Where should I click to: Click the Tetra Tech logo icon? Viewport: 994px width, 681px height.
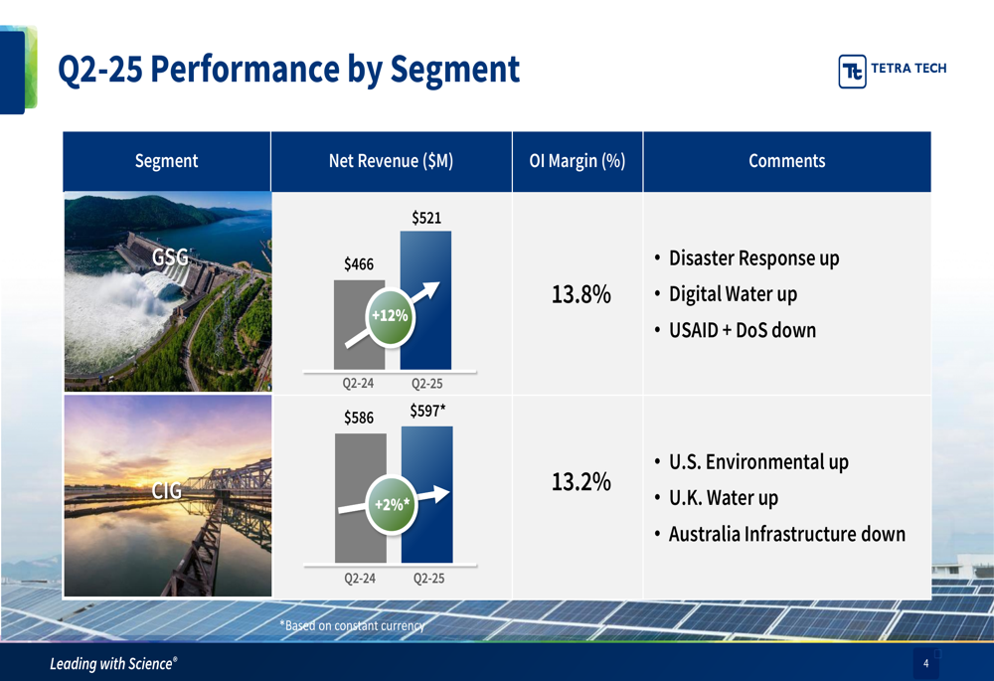(x=852, y=71)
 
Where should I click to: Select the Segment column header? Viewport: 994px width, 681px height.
(x=166, y=161)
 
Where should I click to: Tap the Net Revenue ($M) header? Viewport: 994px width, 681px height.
(x=391, y=161)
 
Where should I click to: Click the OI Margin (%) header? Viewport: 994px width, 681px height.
(x=578, y=161)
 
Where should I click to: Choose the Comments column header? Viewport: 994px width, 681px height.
(x=786, y=161)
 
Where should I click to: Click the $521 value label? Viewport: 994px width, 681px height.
(x=426, y=218)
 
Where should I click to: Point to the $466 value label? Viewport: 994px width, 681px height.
(x=359, y=263)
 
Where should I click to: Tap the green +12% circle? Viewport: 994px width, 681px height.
(x=390, y=316)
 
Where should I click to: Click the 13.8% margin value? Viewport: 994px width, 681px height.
(x=580, y=294)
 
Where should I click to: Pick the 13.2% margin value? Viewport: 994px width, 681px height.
(x=580, y=482)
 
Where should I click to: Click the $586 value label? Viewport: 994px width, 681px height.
(x=359, y=418)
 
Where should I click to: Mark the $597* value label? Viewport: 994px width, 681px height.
(x=427, y=411)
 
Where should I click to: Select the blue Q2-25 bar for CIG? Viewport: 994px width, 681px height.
(x=427, y=494)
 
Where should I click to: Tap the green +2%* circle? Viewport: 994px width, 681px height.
(x=392, y=505)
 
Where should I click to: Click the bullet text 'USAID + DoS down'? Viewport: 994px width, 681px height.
(x=743, y=330)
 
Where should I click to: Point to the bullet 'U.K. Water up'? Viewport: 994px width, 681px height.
(x=724, y=498)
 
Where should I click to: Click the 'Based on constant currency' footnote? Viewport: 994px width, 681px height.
(x=353, y=626)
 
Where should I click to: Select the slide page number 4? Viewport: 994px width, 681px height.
(x=925, y=663)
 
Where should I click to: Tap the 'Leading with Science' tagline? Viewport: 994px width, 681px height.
(x=113, y=664)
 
